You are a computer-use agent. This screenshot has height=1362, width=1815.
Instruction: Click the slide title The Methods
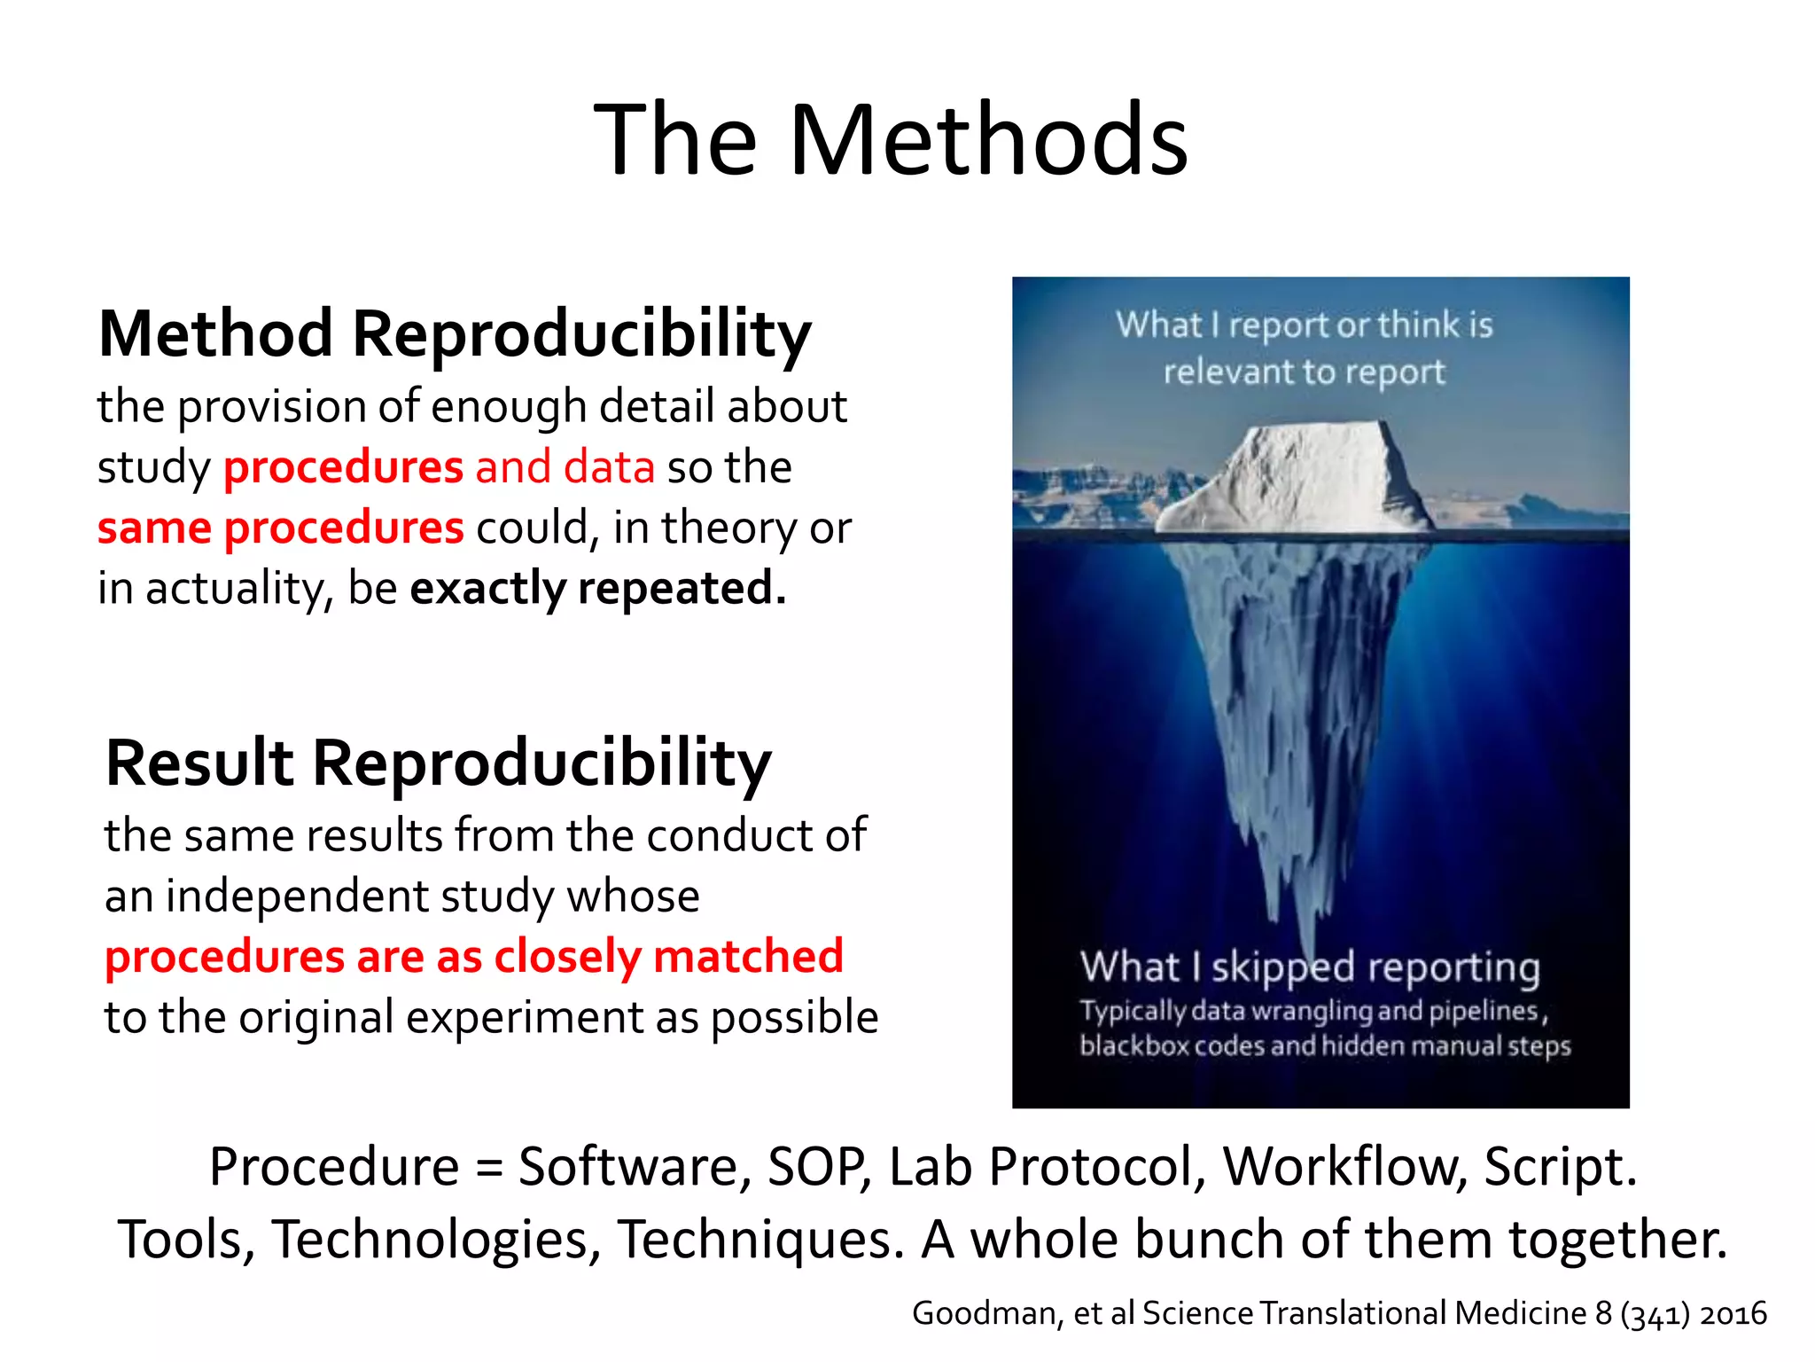[x=891, y=140]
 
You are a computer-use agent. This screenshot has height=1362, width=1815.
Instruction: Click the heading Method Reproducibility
[x=454, y=334]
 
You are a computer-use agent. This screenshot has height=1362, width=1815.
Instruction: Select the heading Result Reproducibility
[x=438, y=763]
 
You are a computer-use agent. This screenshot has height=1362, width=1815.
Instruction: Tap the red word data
[x=609, y=467]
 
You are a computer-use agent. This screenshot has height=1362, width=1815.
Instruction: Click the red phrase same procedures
[x=280, y=528]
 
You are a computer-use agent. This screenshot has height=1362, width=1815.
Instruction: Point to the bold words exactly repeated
[x=597, y=589]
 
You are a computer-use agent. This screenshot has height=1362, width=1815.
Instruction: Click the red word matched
[x=748, y=957]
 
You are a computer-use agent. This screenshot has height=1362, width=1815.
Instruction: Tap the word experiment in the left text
[x=525, y=1018]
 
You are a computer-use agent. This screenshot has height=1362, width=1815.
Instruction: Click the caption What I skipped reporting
[x=1310, y=967]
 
